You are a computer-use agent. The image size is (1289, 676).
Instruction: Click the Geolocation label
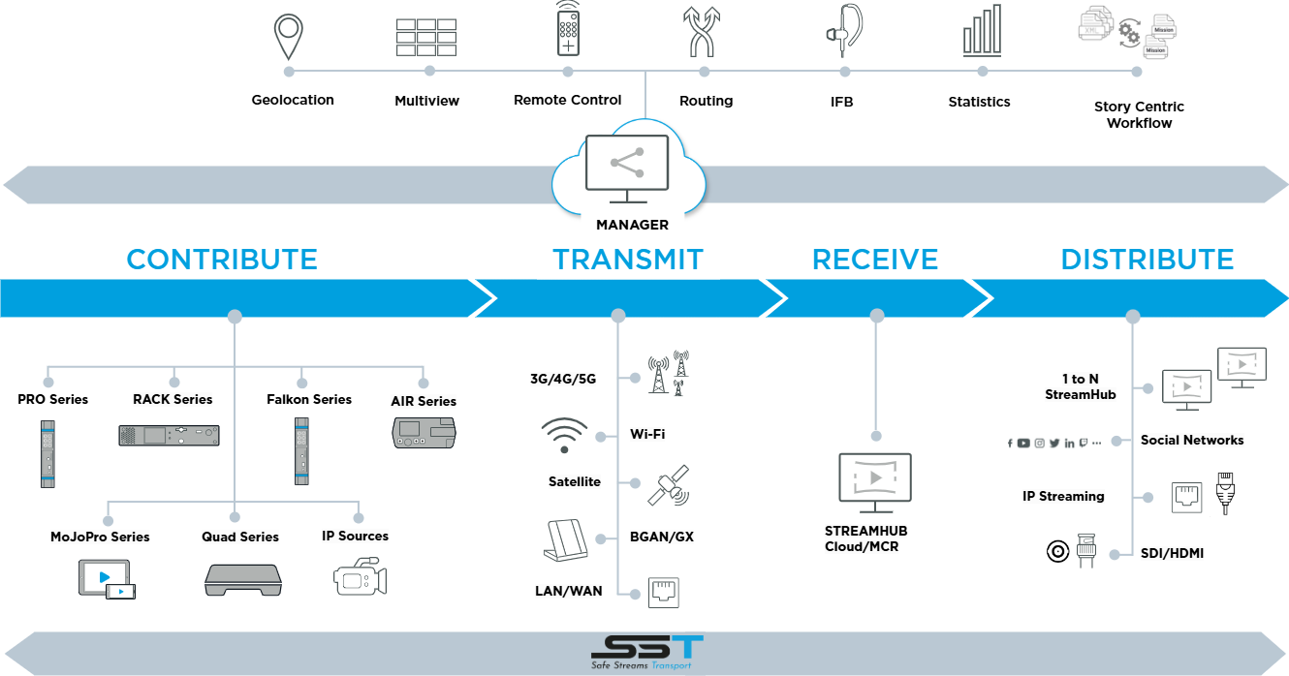pyautogui.click(x=293, y=100)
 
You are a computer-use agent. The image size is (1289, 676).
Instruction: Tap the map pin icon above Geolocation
pyautogui.click(x=289, y=37)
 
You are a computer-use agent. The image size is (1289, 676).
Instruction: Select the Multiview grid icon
pyautogui.click(x=426, y=37)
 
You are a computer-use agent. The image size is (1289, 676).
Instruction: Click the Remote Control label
pyautogui.click(x=568, y=100)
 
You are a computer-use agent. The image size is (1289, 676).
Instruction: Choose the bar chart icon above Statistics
pyautogui.click(x=982, y=33)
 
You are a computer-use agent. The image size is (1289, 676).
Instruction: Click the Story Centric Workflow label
pyautogui.click(x=1140, y=114)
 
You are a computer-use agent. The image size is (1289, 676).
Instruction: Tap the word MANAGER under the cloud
pyautogui.click(x=632, y=225)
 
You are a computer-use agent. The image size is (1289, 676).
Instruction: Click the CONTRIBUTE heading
pyautogui.click(x=222, y=260)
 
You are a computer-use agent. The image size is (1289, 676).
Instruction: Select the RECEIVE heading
pyautogui.click(x=875, y=260)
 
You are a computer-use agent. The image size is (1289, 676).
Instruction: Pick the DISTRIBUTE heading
pyautogui.click(x=1148, y=260)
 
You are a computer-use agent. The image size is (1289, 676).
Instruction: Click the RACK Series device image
pyautogui.click(x=169, y=435)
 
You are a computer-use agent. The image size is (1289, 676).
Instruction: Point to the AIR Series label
pyautogui.click(x=423, y=401)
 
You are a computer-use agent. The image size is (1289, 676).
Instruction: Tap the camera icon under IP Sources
pyautogui.click(x=360, y=576)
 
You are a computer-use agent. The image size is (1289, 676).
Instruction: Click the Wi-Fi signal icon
pyautogui.click(x=564, y=435)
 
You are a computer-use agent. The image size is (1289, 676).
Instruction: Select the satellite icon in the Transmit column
pyautogui.click(x=669, y=485)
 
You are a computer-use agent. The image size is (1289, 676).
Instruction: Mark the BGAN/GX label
pyautogui.click(x=662, y=537)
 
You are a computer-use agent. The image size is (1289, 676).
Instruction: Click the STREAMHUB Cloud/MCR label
pyautogui.click(x=865, y=538)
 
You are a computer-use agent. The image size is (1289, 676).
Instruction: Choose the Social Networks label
pyautogui.click(x=1192, y=440)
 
